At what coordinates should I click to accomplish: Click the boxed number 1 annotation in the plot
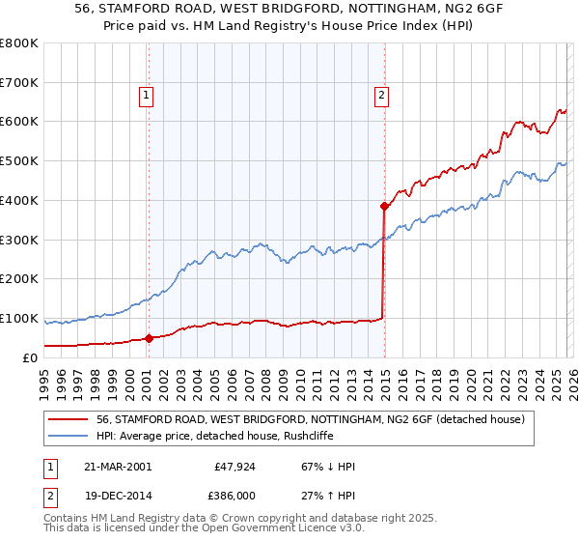pyautogui.click(x=146, y=95)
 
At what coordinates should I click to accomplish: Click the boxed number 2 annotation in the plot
pyautogui.click(x=382, y=95)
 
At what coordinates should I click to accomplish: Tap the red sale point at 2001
pyautogui.click(x=149, y=338)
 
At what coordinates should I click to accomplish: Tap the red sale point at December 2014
pyautogui.click(x=384, y=206)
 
